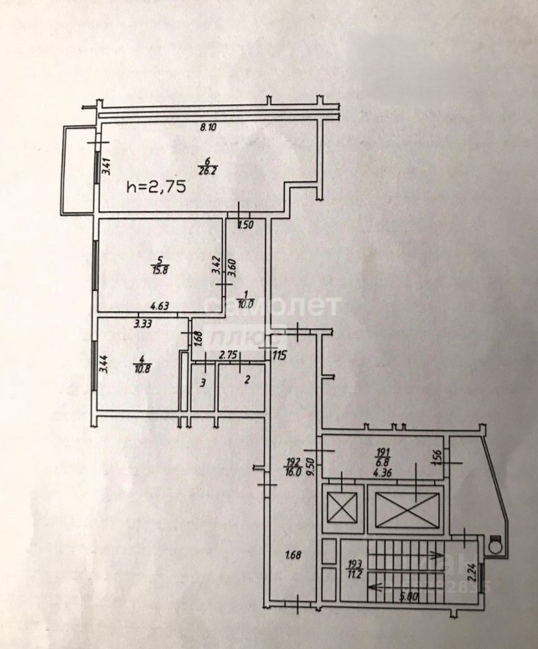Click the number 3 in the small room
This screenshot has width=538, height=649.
pyautogui.click(x=201, y=383)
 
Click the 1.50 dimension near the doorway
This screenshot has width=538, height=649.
pyautogui.click(x=245, y=226)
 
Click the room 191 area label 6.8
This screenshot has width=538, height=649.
pyautogui.click(x=383, y=463)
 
